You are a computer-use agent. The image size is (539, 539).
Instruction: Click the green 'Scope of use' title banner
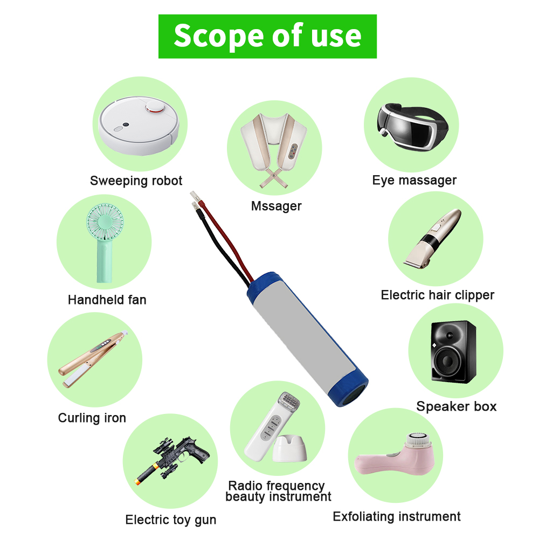click(x=267, y=36)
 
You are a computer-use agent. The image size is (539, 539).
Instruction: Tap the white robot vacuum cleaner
click(x=139, y=125)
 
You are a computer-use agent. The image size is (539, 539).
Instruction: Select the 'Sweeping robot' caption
click(x=136, y=181)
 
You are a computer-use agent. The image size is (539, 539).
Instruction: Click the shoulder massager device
click(x=274, y=150)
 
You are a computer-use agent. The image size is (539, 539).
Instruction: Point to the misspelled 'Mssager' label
click(x=276, y=206)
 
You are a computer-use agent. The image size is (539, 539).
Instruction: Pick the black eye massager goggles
click(x=412, y=127)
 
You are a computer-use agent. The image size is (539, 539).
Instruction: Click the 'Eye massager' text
click(x=414, y=181)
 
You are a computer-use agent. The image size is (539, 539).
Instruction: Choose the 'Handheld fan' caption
click(x=107, y=300)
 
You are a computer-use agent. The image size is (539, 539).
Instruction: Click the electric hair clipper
click(x=433, y=239)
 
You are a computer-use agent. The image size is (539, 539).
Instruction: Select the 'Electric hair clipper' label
click(x=437, y=295)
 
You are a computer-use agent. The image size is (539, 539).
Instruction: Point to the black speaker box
click(x=454, y=352)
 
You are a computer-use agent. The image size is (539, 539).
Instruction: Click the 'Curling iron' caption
click(x=92, y=418)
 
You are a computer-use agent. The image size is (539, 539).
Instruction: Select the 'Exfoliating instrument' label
click(x=396, y=517)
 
